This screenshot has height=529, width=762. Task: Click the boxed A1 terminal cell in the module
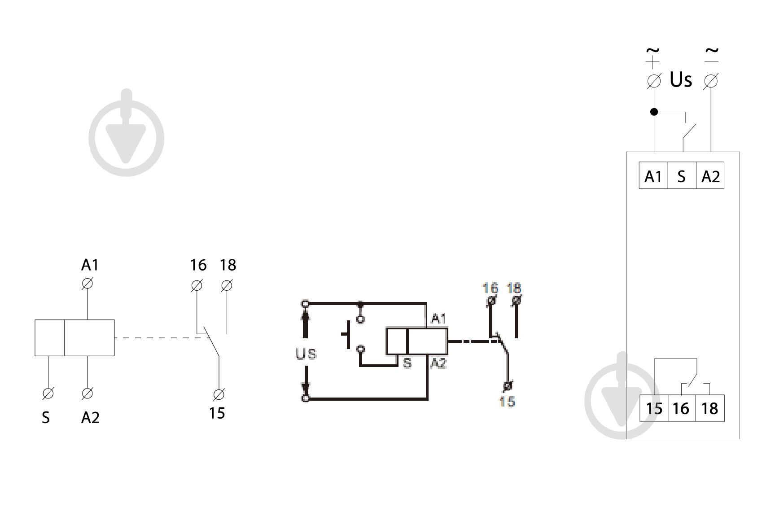653,175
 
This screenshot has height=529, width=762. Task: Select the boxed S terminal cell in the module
682,175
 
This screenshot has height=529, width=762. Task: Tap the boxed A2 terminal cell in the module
710,175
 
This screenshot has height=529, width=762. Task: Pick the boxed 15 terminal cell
654,408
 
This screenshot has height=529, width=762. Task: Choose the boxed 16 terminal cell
682,408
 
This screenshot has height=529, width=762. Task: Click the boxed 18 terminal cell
710,408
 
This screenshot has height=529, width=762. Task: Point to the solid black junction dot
654,112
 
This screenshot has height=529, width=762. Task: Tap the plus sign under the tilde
653,61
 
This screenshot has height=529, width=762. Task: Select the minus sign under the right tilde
711,61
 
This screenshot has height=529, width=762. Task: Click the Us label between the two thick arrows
306,354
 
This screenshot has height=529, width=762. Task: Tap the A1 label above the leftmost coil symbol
90,265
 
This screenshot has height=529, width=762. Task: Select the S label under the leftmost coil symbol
46,417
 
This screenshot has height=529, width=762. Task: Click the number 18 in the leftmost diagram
228,265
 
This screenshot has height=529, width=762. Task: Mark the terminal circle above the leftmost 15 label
219,395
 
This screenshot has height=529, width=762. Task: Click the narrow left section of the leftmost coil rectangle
50,338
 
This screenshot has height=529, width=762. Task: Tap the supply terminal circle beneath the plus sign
654,81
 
